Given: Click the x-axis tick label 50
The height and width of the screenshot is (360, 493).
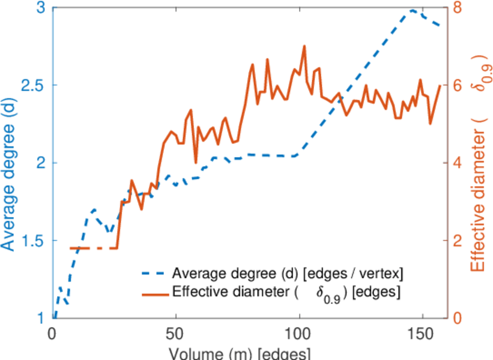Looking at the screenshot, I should (x=176, y=332).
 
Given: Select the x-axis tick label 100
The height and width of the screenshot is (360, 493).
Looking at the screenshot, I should (x=298, y=332).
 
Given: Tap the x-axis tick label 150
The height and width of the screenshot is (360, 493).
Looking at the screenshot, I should (x=422, y=332).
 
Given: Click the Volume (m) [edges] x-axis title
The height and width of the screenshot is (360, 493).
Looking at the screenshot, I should (x=240, y=352).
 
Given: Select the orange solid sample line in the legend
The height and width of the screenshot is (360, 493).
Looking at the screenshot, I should (x=154, y=294).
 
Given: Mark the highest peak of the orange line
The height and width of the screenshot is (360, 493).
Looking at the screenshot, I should (x=304, y=46).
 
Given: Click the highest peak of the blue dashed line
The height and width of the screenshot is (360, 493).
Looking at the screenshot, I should (x=413, y=10).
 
